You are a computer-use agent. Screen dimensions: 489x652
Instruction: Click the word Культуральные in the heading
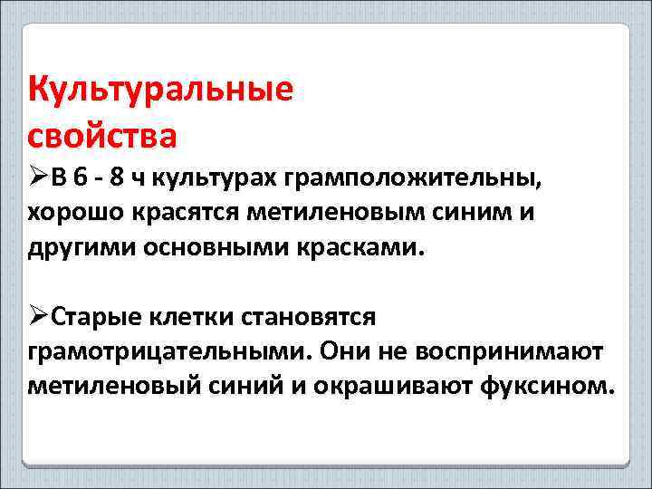(x=161, y=91)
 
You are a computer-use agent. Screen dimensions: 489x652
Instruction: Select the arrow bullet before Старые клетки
(x=38, y=317)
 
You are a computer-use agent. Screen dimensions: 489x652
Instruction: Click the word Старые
(x=95, y=318)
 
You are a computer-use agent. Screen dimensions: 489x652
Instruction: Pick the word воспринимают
(x=518, y=351)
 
